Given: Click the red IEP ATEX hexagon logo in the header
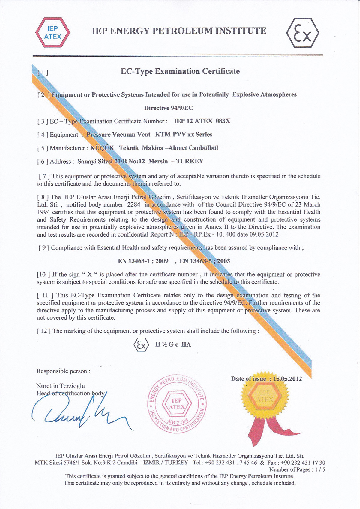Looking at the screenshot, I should [53, 33].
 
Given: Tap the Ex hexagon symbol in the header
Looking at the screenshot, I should [303, 33].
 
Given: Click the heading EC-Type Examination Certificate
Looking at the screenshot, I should [180, 71].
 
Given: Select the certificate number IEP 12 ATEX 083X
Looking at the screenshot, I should [202, 121].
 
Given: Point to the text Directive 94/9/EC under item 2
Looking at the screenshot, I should [169, 108].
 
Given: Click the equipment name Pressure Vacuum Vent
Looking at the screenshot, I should [118, 135].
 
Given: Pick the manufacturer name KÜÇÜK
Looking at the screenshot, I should [102, 148].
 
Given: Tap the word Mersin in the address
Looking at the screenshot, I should [158, 161].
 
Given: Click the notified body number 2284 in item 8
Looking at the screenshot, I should [134, 205].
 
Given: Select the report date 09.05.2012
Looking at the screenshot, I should [264, 234].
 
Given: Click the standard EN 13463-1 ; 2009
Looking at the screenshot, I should [143, 261].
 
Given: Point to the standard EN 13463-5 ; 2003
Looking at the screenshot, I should [205, 261].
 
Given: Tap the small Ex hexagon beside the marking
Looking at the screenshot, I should [141, 345].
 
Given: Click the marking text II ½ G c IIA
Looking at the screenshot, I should [173, 345].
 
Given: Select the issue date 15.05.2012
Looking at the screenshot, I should [287, 379].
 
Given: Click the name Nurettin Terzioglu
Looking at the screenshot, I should [61, 386].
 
